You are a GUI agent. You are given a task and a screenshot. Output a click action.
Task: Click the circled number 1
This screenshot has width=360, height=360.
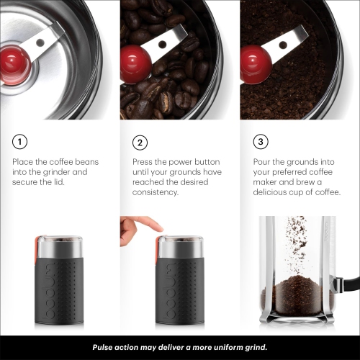[x=20, y=142]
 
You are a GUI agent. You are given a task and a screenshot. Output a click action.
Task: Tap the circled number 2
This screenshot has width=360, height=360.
[x=141, y=142]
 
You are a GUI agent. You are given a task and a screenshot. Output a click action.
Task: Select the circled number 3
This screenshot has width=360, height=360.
[x=261, y=142]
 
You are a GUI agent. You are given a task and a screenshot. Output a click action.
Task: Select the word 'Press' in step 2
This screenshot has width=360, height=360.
[x=144, y=162]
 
